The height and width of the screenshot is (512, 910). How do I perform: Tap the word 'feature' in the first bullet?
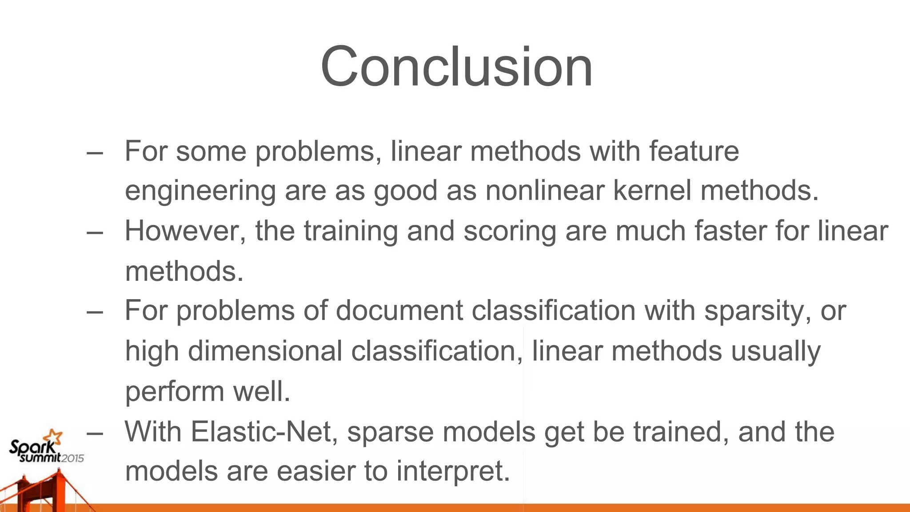tap(694, 152)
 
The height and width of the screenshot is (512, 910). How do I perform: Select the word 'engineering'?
tap(200, 191)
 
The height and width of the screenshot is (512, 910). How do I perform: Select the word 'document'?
tap(399, 311)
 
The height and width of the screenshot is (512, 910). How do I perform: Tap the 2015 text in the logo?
tap(72, 458)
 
